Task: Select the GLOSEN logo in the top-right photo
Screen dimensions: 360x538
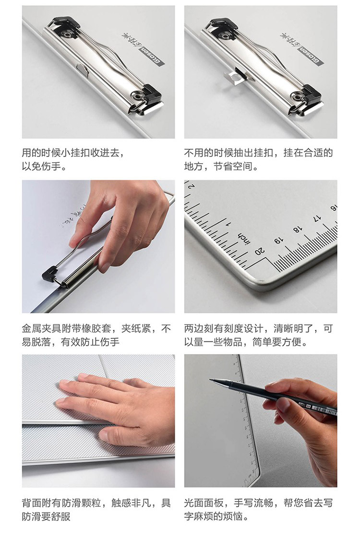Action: click(310, 55)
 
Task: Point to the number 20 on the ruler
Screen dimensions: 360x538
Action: click(260, 251)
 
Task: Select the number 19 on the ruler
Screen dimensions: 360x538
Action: click(279, 240)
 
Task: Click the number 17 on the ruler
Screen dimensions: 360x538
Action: click(317, 218)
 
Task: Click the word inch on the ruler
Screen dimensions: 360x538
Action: click(244, 238)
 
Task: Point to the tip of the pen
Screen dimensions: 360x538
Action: click(210, 380)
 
